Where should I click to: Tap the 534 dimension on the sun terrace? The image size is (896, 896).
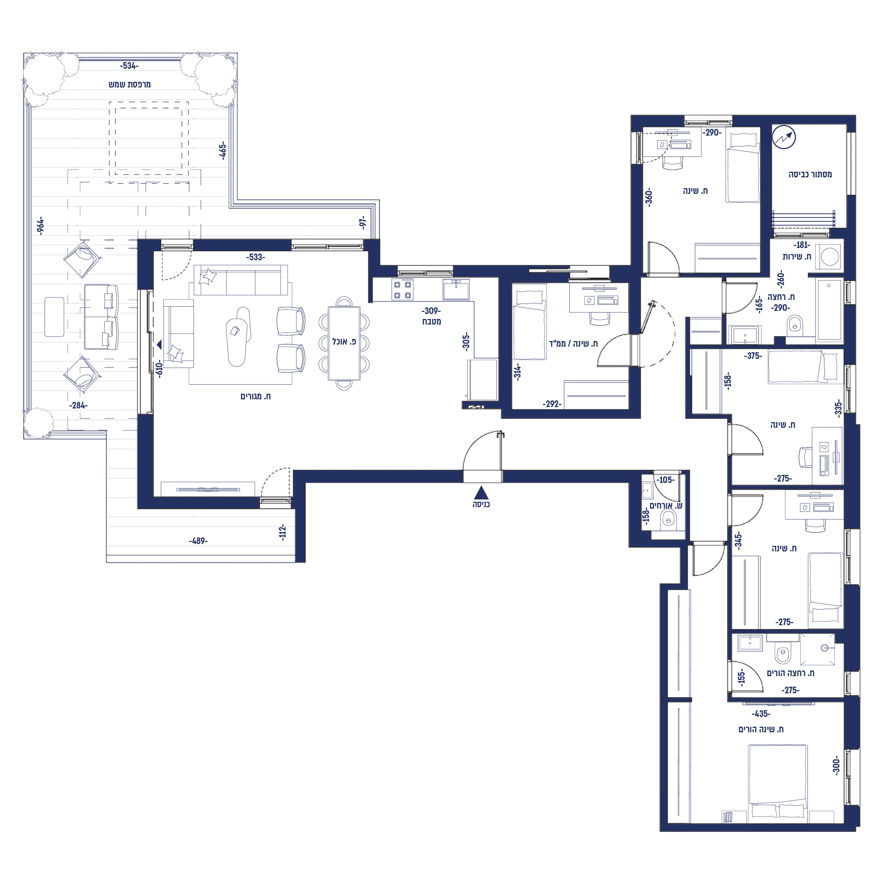129,66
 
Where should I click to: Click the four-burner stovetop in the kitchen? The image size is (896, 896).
402,289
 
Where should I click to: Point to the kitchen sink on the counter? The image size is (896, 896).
456,289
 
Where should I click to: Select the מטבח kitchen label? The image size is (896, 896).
431,321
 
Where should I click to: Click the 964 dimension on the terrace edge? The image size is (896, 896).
41,226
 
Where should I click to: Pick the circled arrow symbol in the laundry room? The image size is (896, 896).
784,137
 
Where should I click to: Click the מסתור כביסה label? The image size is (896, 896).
810,174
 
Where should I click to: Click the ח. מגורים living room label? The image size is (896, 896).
256,397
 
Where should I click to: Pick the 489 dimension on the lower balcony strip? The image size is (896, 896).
198,541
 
